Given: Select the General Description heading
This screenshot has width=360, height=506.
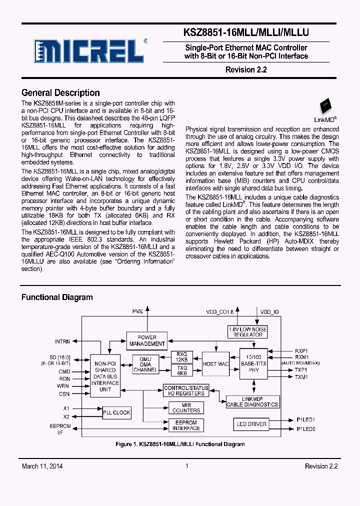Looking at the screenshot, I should [60, 93].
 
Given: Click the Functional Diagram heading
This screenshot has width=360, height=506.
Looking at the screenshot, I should [57, 297].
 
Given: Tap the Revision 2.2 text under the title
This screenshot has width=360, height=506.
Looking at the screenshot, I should [246, 70].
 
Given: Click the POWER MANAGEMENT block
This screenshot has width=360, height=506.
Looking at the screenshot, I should [147, 340].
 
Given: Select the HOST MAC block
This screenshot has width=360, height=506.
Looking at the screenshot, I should [216, 364].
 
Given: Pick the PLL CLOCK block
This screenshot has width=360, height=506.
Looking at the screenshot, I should [116, 412].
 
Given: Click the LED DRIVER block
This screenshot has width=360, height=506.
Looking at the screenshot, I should [251, 424].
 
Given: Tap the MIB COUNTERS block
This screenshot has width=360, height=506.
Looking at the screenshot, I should [186, 407].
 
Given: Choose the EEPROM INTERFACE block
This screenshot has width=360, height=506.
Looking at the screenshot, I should [186, 425].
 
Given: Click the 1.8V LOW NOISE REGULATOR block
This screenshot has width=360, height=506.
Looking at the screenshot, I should [247, 331].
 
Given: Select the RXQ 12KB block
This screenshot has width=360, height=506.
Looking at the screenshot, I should [181, 357].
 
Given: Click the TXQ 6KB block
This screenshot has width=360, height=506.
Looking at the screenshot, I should [181, 370].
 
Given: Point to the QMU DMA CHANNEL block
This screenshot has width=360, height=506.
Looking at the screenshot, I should [145, 364].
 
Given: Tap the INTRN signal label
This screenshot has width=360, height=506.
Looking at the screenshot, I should [62, 342].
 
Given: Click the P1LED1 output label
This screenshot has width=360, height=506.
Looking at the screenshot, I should [305, 420].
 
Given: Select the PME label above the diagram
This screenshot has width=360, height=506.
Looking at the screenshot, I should [137, 311].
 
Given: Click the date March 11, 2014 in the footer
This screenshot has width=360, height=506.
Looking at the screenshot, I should [42, 466].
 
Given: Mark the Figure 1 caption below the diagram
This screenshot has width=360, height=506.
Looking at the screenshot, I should [180, 444].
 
